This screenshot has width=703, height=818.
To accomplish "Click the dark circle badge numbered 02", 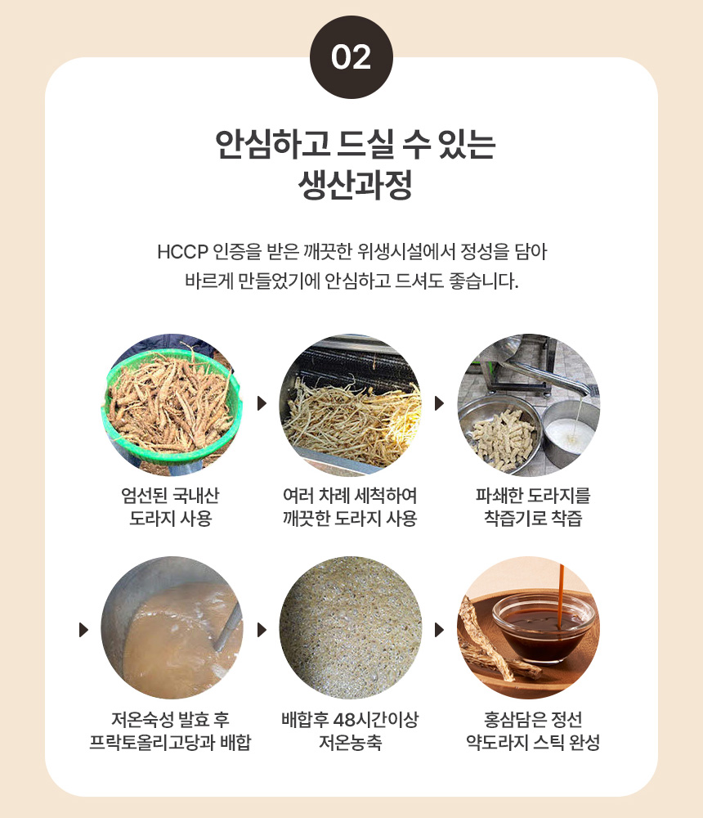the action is click(351, 57).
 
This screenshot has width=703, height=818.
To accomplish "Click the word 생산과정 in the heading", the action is click(355, 185).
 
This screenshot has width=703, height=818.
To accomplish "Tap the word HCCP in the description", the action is click(182, 252).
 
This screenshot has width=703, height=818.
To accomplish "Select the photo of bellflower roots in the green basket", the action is click(172, 405).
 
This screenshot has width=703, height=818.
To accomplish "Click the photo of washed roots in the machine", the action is click(351, 405).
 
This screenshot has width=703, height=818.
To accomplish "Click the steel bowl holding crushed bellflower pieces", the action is click(499, 436).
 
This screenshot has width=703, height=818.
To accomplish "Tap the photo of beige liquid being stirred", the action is click(172, 627).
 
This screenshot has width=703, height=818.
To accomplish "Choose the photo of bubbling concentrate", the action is click(351, 627).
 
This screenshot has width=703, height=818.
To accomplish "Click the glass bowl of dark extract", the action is click(544, 628).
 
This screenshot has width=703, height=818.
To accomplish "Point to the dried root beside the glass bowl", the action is click(485, 641).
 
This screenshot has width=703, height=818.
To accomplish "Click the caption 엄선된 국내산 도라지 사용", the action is click(171, 506).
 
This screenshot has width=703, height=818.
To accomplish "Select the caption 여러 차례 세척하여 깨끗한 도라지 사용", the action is click(350, 506).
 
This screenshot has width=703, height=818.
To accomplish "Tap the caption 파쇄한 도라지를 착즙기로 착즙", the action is click(532, 506).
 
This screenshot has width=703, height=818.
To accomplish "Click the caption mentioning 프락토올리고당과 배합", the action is click(171, 730).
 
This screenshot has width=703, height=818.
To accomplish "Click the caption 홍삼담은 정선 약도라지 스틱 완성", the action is click(532, 730).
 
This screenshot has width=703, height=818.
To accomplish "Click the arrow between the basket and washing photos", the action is click(262, 403).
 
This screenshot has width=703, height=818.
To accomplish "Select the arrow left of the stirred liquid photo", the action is click(83, 630).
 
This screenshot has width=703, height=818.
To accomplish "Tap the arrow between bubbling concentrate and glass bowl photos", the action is click(439, 630).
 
